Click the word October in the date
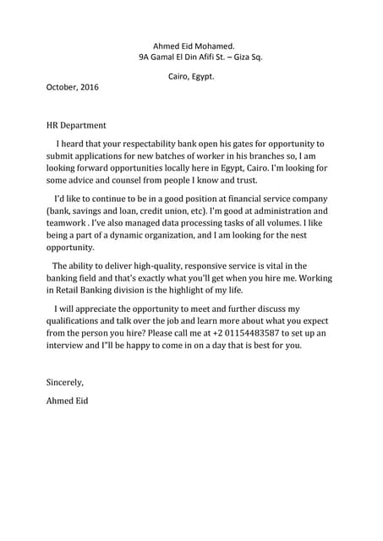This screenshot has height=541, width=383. pyautogui.click(x=60, y=87)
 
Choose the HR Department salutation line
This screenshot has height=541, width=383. pyautogui.click(x=76, y=125)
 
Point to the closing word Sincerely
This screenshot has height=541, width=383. pyautogui.click(x=65, y=382)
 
